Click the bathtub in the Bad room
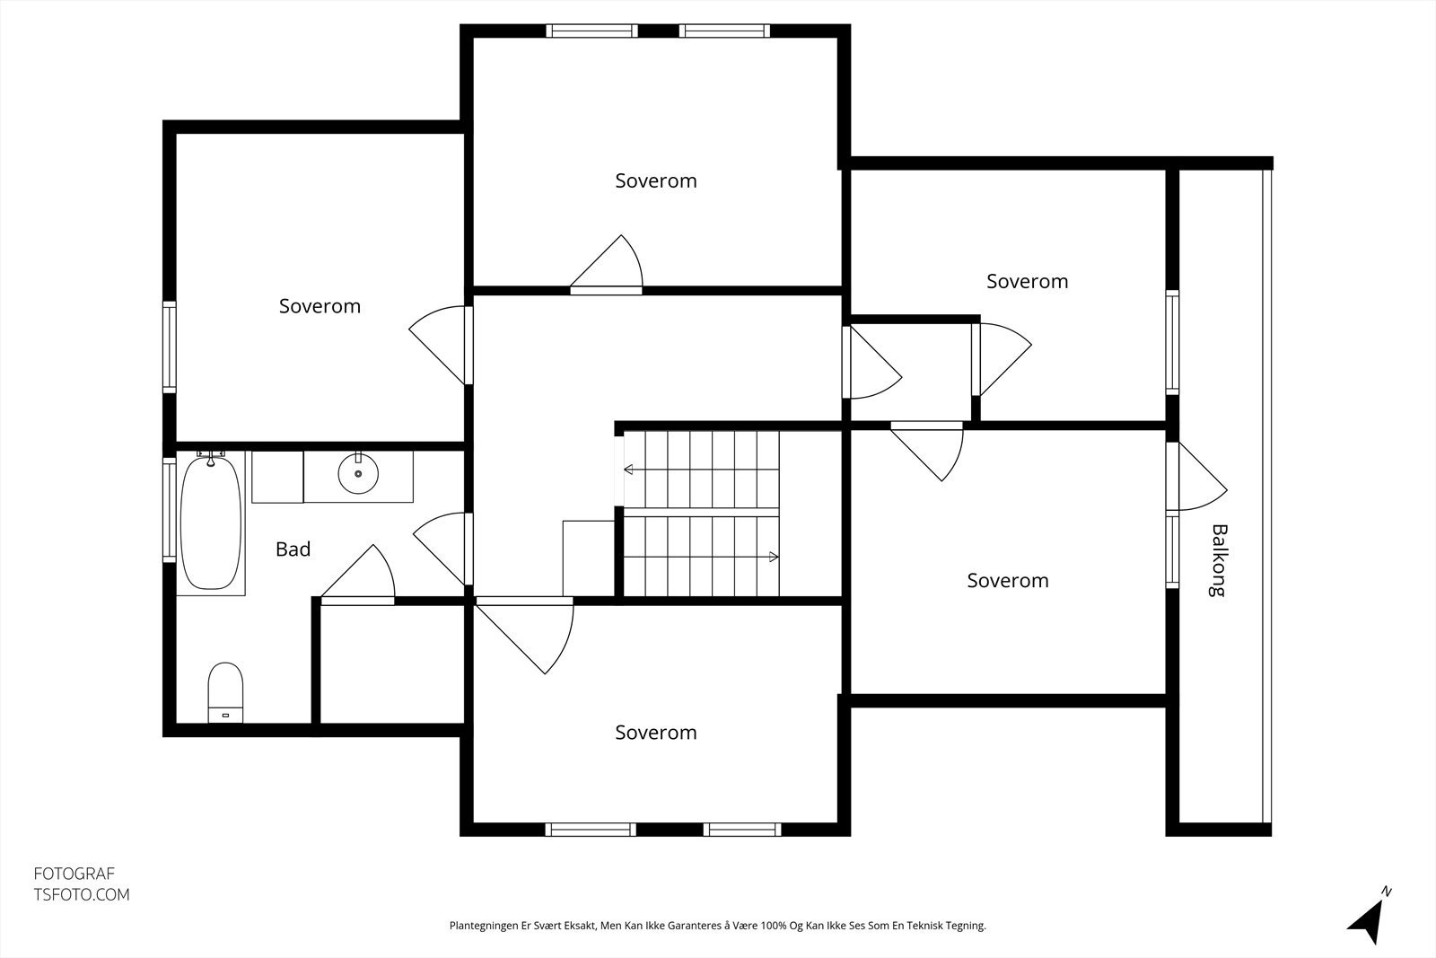211,523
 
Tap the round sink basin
358,473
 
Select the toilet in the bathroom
225,692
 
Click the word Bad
293,549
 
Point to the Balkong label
1219,560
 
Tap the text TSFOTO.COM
82,894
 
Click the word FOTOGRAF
74,874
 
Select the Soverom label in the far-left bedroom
320,306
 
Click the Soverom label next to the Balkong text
1008,581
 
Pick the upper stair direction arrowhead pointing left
628,470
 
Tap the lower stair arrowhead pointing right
774,557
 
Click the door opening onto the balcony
1196,477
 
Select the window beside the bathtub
170,510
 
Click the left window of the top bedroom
591,31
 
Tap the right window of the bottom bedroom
742,830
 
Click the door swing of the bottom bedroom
524,635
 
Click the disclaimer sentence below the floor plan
717,926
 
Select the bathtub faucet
211,457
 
